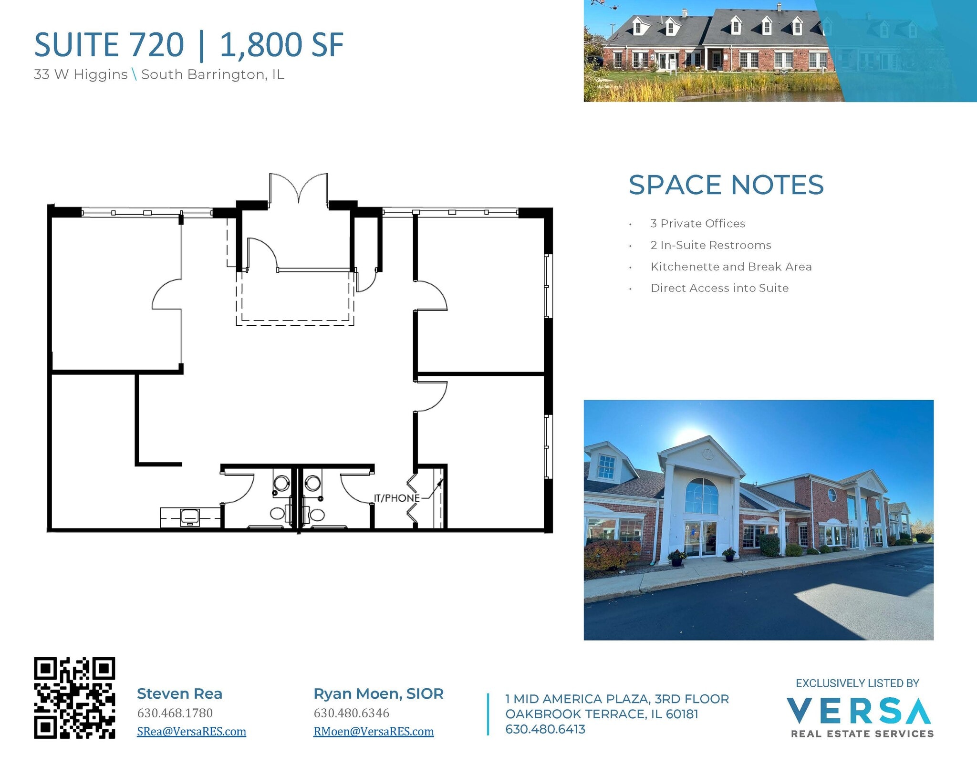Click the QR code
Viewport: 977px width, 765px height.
click(x=74, y=698)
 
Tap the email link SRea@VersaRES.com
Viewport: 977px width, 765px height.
click(x=191, y=731)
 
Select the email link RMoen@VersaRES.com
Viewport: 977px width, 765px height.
click(x=374, y=731)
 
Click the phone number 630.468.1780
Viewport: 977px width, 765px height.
click(x=175, y=713)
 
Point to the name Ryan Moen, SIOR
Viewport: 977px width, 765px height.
click(x=378, y=693)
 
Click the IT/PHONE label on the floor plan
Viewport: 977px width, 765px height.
click(x=396, y=498)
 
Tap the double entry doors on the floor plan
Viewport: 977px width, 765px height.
click(x=299, y=188)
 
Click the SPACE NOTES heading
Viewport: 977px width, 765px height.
click(x=726, y=185)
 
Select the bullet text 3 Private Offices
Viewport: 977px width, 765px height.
click(x=697, y=223)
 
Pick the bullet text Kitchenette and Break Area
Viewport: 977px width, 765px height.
click(x=731, y=267)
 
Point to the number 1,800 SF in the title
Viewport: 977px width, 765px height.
click(x=281, y=45)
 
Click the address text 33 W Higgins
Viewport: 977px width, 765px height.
click(x=81, y=74)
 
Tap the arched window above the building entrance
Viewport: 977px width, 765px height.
click(x=701, y=496)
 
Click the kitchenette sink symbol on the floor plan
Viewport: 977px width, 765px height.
click(x=190, y=517)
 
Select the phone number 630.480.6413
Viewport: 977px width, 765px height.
click(x=545, y=729)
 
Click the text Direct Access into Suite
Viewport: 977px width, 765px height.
click(x=719, y=288)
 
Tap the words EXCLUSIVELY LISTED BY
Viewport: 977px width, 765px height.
click(x=857, y=683)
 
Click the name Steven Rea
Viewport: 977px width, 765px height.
click(x=179, y=693)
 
